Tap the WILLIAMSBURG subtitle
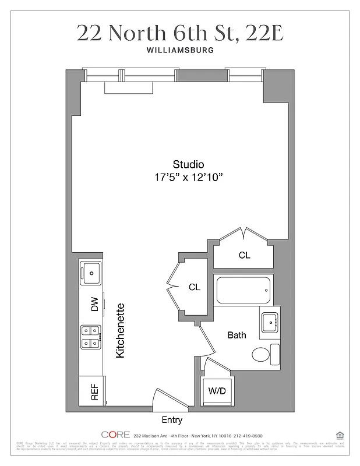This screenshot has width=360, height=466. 180,50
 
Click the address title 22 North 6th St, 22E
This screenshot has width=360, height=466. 180,33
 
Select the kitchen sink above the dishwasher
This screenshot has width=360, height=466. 92,271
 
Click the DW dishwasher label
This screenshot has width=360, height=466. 94,303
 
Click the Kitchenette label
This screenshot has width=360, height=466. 121,330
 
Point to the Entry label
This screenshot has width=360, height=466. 171,419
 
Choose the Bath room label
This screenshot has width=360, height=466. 237,335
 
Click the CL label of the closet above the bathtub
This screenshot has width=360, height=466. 244,255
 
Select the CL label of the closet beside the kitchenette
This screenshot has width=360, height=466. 194,287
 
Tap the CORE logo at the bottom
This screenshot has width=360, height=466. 115,435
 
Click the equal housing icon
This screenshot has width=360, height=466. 340,435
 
